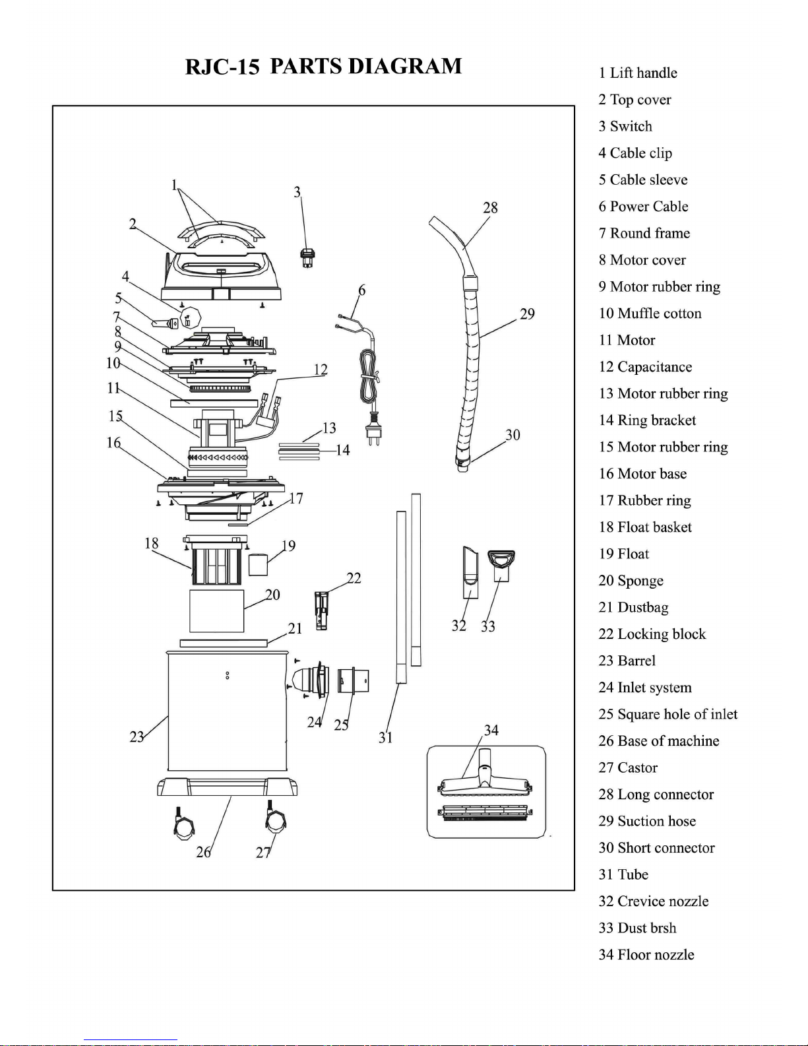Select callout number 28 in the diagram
point(490,207)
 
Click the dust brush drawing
point(501,566)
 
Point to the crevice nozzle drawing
point(470,572)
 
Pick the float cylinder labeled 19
point(258,565)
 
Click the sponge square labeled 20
point(216,611)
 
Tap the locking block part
point(321,610)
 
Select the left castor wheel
point(183,824)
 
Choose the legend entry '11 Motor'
point(627,340)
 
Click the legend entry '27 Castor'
point(628,768)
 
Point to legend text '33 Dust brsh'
point(637,928)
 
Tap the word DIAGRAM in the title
point(404,66)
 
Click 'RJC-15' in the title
point(222,67)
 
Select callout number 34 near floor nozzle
point(491,731)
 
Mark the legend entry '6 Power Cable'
point(643,206)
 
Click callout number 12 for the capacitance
point(321,370)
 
